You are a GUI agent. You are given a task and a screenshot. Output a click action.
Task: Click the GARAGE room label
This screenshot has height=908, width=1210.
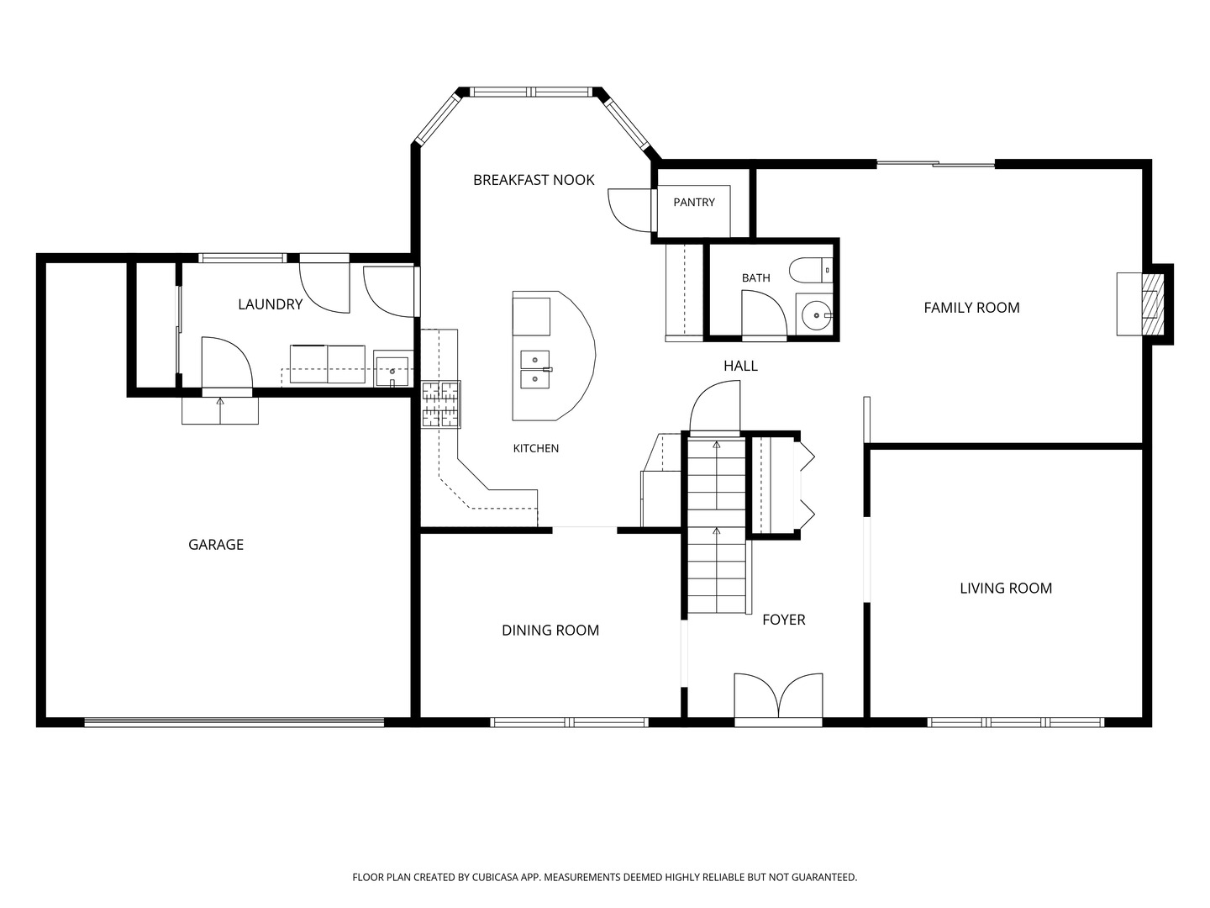click(x=216, y=545)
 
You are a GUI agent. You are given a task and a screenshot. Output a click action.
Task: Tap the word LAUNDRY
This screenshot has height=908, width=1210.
click(x=270, y=304)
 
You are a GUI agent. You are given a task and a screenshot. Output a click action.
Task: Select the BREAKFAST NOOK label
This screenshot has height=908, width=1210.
click(x=534, y=180)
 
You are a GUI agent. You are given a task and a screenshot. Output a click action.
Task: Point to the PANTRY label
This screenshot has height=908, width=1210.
click(x=694, y=203)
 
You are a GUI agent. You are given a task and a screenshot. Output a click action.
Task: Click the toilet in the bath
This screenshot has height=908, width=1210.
click(x=810, y=270)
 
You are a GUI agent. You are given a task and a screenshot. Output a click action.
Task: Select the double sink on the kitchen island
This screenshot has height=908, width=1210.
click(x=535, y=369)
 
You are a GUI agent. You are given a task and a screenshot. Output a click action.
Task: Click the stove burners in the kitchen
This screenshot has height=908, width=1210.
click(x=441, y=404)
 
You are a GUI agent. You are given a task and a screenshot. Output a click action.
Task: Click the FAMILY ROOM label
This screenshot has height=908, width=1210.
click(x=972, y=308)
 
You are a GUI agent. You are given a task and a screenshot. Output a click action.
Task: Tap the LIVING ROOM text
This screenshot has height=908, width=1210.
click(x=1006, y=589)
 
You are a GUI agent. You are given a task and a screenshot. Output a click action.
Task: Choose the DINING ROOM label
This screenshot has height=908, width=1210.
click(x=550, y=631)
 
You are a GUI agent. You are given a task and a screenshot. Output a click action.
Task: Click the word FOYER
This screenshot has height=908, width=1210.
click(x=784, y=620)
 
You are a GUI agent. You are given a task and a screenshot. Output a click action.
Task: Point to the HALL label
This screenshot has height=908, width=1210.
click(x=740, y=366)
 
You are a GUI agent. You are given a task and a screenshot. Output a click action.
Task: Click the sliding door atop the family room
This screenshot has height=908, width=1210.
click(x=935, y=164)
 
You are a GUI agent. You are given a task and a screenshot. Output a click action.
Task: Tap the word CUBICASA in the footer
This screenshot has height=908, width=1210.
click(x=495, y=877)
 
